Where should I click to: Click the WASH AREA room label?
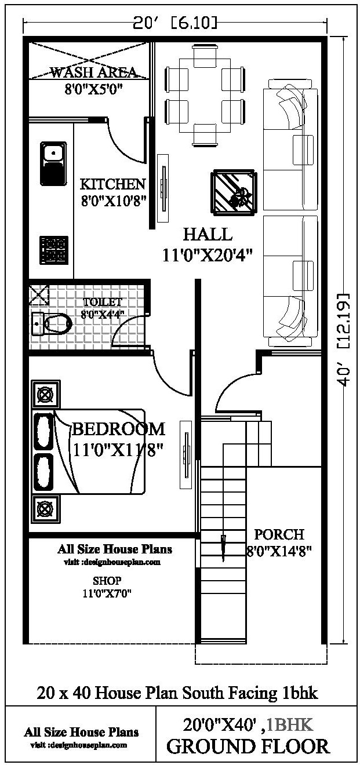pos(93,72)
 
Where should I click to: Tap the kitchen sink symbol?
pos(53,163)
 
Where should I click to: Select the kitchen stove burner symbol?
pos(54,249)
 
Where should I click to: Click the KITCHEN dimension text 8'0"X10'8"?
pos(112,200)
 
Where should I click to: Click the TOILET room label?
pos(103,302)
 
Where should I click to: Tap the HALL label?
pos(208,234)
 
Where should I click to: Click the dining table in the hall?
pos(203,95)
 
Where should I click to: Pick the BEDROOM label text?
pos(118,429)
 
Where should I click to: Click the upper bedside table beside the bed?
pos(45,396)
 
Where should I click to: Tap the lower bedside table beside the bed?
pos(45,508)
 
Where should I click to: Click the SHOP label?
pos(107,580)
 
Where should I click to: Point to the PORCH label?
pos(279,534)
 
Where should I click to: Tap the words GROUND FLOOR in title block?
pos(248,746)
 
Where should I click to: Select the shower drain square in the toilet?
pos(39,294)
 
